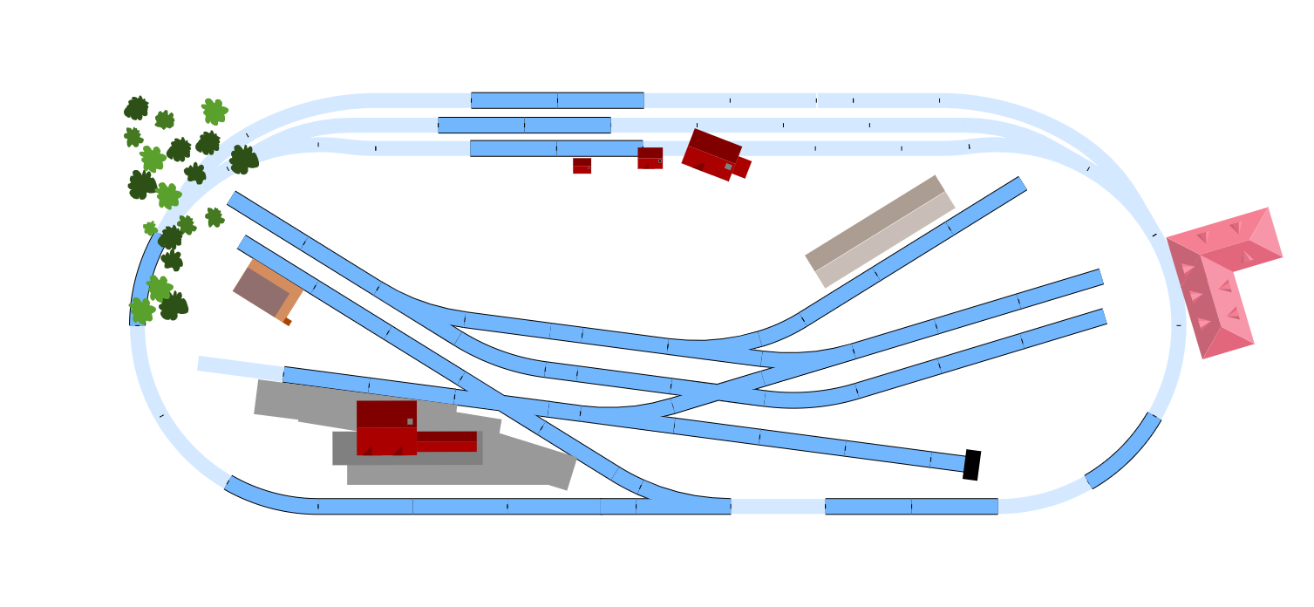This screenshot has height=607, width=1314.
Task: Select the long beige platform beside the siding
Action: [880, 231]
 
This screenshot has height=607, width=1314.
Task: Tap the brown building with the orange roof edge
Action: [266, 290]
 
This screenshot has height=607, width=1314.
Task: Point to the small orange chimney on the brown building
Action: [288, 322]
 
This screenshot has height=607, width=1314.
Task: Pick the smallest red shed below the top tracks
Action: [582, 166]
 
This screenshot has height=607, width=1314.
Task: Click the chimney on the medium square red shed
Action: [660, 160]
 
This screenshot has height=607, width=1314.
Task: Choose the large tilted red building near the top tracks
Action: [710, 154]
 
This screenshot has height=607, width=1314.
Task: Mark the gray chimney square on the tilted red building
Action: [728, 167]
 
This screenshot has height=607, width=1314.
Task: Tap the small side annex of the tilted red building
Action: [741, 167]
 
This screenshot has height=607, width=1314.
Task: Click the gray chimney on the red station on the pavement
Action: [410, 421]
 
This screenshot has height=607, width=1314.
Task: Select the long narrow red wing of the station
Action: [446, 441]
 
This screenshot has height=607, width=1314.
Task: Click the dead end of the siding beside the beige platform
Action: [1020, 184]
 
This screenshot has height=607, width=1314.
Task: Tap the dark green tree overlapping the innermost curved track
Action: [243, 160]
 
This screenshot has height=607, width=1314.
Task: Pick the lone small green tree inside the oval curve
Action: [214, 217]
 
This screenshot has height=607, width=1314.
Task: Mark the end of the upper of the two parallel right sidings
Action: [1100, 277]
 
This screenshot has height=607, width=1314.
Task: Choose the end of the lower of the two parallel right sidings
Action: [1103, 317]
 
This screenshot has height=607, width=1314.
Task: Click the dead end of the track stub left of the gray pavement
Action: [201, 364]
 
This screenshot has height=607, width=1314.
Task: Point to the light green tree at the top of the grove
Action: [214, 111]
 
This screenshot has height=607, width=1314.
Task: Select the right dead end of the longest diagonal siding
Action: [962, 464]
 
